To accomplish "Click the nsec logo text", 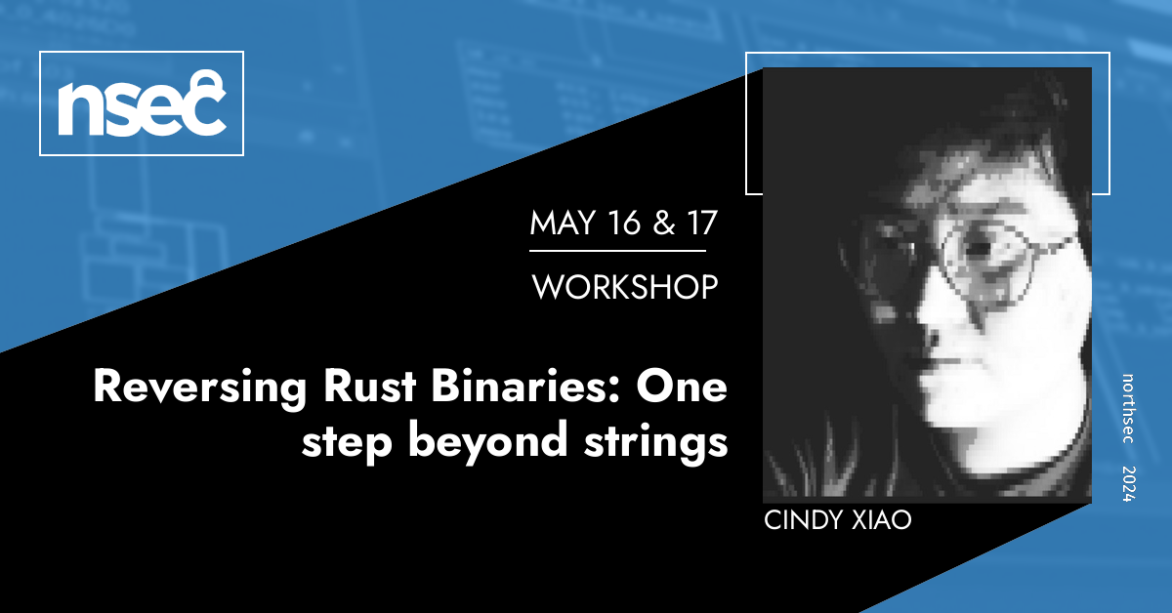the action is pyautogui.click(x=142, y=103).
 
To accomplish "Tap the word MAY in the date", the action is pyautogui.click(x=563, y=223).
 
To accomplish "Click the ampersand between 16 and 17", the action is pyautogui.click(x=664, y=223).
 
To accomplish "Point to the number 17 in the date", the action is pyautogui.click(x=702, y=223).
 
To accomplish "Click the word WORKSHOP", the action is pyautogui.click(x=625, y=287).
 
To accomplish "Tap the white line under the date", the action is pyautogui.click(x=617, y=251).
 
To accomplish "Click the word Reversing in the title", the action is pyautogui.click(x=200, y=388).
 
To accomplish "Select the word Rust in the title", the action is pyautogui.click(x=370, y=387).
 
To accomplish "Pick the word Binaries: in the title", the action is pyautogui.click(x=525, y=387).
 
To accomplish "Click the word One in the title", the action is pyautogui.click(x=682, y=388).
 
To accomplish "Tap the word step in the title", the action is pyautogui.click(x=347, y=443).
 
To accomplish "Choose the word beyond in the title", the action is pyautogui.click(x=488, y=442).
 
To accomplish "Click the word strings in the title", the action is pyautogui.click(x=656, y=443).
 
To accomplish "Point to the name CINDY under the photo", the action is pyautogui.click(x=803, y=520).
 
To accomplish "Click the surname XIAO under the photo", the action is pyautogui.click(x=882, y=520).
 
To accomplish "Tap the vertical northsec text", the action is pyautogui.click(x=1128, y=408).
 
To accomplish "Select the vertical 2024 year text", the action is pyautogui.click(x=1129, y=484).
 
